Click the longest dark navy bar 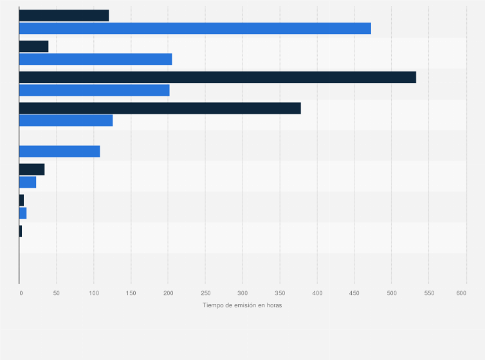tap(217, 77)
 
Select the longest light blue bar tap(195, 28)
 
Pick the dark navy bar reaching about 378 tap(160, 108)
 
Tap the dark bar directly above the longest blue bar tap(64, 15)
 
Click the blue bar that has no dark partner tap(59, 151)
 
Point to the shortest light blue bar tap(23, 213)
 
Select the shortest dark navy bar tap(21, 231)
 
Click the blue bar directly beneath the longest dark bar tap(94, 90)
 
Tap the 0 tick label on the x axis tap(21, 293)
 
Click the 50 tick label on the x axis tap(57, 293)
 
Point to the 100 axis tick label tap(94, 293)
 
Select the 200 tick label tap(168, 293)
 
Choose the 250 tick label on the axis tap(205, 293)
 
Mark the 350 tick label tap(280, 293)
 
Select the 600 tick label tap(461, 293)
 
